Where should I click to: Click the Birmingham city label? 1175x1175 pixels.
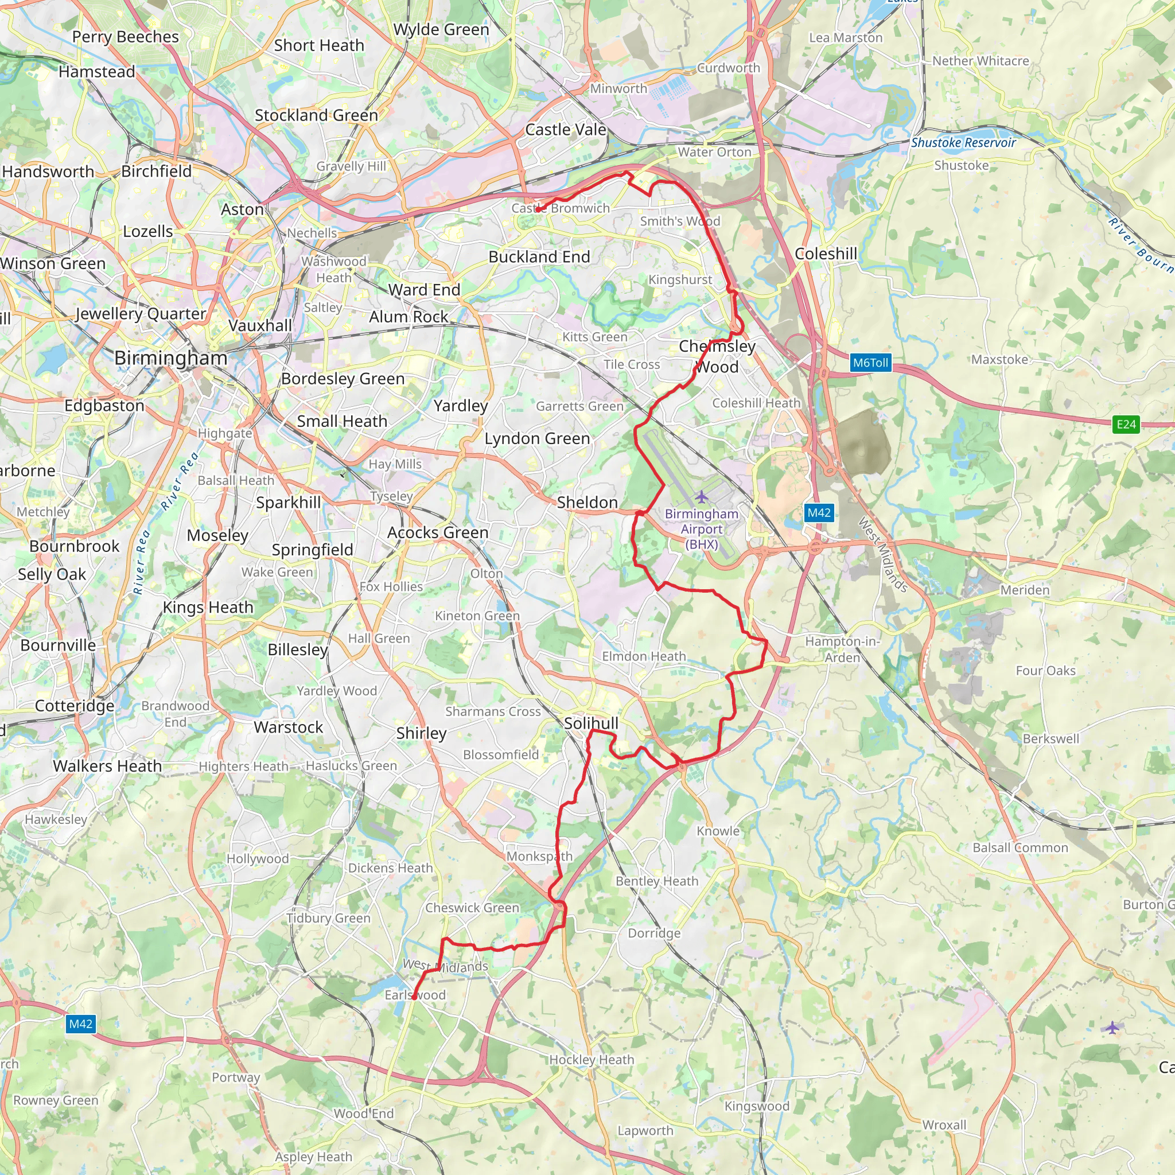(x=171, y=357)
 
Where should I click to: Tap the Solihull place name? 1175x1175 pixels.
(x=590, y=723)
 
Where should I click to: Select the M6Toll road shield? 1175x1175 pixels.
(x=870, y=363)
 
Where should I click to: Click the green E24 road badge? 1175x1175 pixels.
(x=1126, y=424)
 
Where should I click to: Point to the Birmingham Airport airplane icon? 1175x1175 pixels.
(x=701, y=497)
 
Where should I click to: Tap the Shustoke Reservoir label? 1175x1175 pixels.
(x=963, y=142)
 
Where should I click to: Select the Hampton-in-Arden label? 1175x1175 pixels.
(x=842, y=649)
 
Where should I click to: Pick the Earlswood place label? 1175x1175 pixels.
(x=415, y=995)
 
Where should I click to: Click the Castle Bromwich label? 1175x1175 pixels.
(x=560, y=208)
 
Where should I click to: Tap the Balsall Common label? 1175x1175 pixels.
(x=1020, y=847)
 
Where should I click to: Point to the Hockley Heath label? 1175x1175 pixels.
(x=591, y=1060)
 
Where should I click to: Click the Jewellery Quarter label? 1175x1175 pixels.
(x=141, y=313)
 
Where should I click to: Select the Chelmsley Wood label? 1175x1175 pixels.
(x=717, y=356)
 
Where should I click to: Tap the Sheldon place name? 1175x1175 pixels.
(x=587, y=502)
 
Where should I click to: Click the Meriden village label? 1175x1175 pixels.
(x=1025, y=589)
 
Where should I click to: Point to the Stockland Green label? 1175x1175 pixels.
(x=316, y=115)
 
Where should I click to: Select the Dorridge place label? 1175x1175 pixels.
(x=654, y=932)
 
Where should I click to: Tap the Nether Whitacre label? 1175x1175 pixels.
(x=981, y=61)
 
